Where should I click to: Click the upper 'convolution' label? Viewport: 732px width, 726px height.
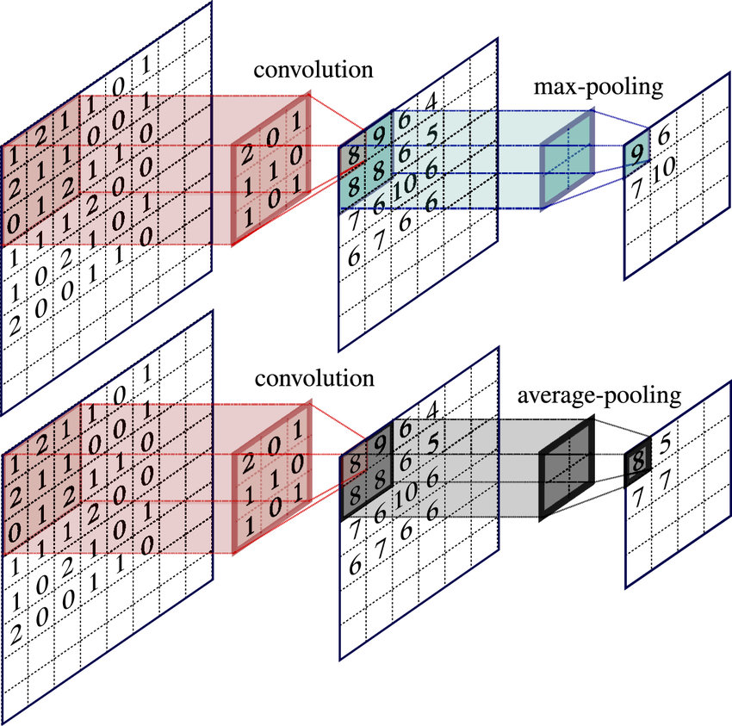point(313,70)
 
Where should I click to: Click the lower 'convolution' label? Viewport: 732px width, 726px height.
point(313,379)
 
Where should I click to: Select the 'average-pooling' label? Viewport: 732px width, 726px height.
point(599,397)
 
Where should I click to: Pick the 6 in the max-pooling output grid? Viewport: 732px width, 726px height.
point(662,135)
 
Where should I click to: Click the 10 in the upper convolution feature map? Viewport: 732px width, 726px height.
point(402,189)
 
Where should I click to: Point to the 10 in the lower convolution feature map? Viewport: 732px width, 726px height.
point(402,499)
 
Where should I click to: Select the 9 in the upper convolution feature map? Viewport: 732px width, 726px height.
point(378,135)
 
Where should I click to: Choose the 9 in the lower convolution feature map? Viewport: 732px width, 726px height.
point(378,445)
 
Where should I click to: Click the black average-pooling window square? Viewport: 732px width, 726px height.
point(567,469)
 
